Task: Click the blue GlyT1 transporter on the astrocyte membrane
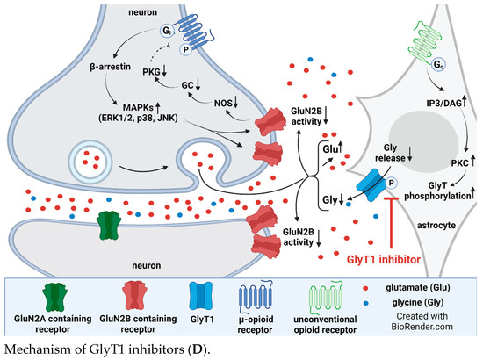[348, 188]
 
